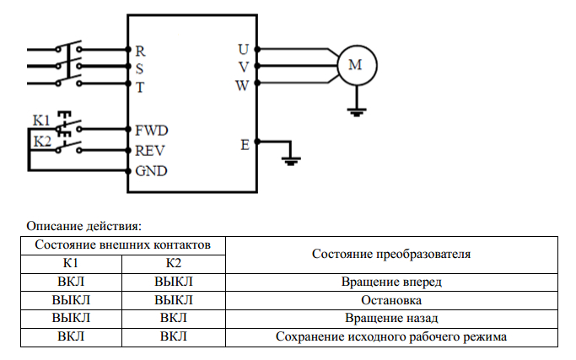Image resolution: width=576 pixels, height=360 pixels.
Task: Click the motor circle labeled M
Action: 356,66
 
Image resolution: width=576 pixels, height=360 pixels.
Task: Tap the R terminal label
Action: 140,51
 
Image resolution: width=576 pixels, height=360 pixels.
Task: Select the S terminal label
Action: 139,67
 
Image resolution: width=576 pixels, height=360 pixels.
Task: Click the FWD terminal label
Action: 151,131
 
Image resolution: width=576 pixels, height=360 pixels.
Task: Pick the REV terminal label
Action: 150,151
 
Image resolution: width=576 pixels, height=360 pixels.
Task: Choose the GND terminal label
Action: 151,171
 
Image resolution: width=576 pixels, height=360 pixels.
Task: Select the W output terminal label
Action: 242,84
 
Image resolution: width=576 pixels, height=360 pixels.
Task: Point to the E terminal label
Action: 245,144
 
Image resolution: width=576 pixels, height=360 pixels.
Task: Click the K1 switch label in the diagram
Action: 41,121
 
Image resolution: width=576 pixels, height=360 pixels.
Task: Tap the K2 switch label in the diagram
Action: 42,141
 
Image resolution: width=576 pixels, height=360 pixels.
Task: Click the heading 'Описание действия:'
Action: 83,225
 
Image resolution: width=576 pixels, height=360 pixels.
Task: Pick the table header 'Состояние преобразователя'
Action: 390,254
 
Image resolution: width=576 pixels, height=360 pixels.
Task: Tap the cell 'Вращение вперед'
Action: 391,282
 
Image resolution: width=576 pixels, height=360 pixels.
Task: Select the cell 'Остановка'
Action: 391,300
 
